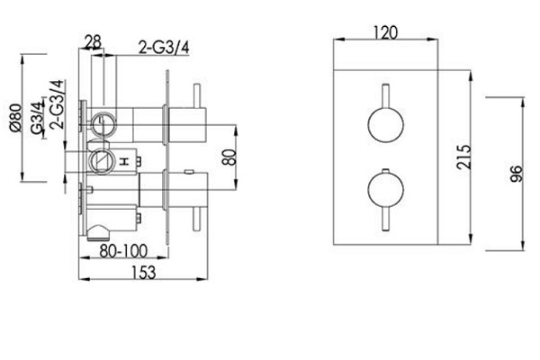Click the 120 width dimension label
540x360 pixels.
coord(385,32)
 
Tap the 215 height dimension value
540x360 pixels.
coord(463,157)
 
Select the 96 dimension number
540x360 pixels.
coord(516,174)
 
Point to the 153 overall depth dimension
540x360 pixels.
coord(144,272)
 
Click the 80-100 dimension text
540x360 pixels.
coord(123,251)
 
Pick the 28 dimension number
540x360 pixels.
coord(94,42)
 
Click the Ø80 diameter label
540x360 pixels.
coord(16,118)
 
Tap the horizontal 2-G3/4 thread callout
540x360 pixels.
coord(164,47)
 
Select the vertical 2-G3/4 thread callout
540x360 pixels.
coord(57,104)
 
